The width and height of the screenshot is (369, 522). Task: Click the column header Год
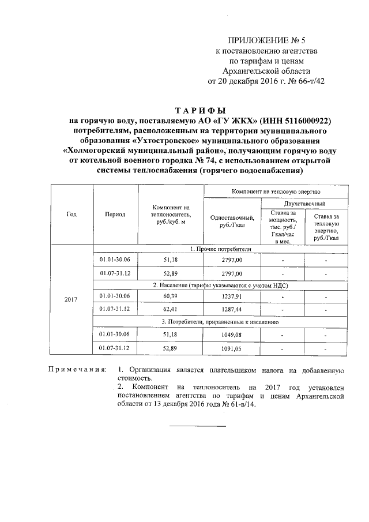click(x=71, y=213)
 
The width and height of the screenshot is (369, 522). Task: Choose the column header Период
click(x=115, y=213)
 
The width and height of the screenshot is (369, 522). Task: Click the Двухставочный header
click(x=304, y=204)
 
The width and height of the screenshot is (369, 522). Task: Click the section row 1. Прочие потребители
click(x=220, y=249)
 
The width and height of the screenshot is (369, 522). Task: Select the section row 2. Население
click(x=220, y=285)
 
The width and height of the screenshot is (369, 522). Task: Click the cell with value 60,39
click(x=171, y=296)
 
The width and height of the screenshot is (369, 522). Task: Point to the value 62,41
click(x=171, y=309)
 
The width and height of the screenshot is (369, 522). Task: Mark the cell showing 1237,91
click(x=232, y=296)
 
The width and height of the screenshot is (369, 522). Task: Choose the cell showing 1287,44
click(x=232, y=309)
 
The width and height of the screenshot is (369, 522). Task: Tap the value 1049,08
click(x=232, y=335)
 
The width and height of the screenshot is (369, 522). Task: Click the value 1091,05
click(x=232, y=348)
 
